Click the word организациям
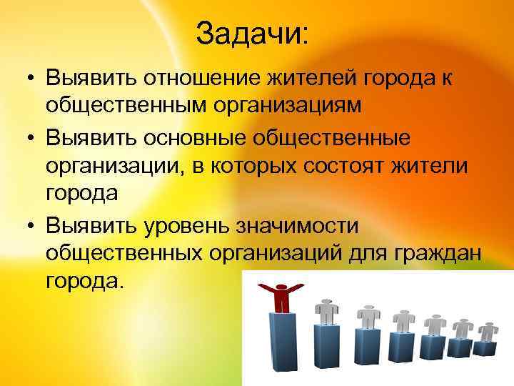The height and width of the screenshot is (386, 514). (294, 106)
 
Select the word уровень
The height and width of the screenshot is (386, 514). (181, 224)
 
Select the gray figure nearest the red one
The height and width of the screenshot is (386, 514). (327, 312)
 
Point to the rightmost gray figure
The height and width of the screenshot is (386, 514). (489, 332)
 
